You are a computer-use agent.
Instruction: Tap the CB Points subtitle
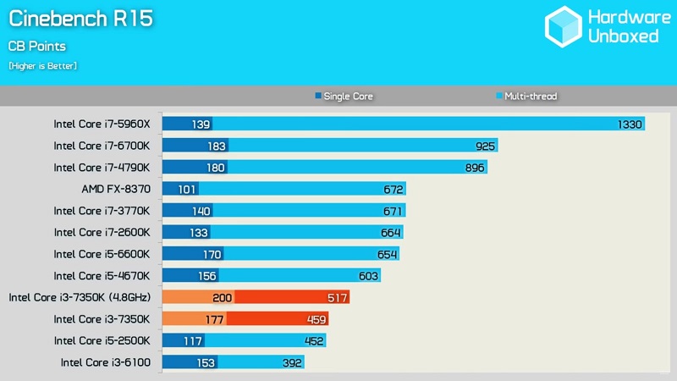[37, 46]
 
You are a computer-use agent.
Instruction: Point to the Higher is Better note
[42, 65]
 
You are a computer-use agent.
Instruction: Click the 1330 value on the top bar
[630, 124]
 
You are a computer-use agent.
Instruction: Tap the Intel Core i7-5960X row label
[102, 124]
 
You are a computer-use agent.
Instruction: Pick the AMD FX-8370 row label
[115, 189]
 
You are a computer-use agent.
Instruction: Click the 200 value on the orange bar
[222, 297]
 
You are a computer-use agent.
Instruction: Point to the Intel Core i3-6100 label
[105, 362]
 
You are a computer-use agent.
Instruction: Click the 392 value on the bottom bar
[290, 362]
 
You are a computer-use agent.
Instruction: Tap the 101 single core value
[186, 189]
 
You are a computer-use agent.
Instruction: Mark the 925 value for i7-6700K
[486, 146]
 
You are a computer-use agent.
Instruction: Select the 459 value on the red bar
[315, 319]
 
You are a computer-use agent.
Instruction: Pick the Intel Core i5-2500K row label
[102, 340]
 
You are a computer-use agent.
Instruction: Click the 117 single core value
[193, 340]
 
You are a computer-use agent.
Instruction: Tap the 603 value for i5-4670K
[367, 275]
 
